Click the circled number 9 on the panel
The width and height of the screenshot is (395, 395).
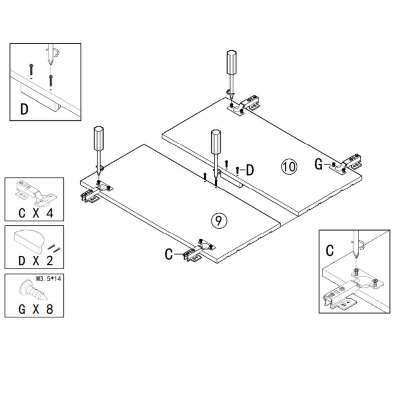tap(218, 220)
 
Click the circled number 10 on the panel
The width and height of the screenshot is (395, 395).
tap(289, 166)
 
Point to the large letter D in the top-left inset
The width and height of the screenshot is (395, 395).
tap(24, 109)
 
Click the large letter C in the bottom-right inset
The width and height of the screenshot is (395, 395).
tap(330, 250)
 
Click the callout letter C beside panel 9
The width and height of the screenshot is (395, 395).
tap(169, 254)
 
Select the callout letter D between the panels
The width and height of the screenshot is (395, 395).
tap(250, 170)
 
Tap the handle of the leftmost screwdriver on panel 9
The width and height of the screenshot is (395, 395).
tap(98, 138)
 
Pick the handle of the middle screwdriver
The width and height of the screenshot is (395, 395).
tap(214, 142)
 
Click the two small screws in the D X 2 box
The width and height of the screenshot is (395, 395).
tap(54, 248)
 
